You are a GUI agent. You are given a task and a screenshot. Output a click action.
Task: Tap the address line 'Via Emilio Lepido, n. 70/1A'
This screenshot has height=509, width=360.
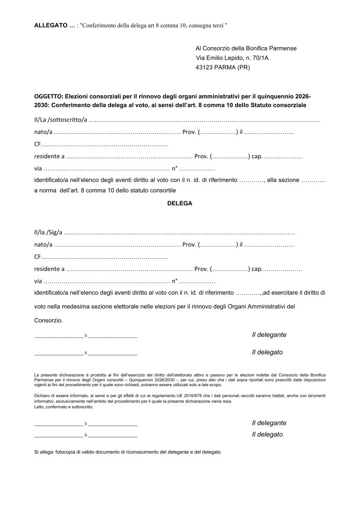[x=235, y=58]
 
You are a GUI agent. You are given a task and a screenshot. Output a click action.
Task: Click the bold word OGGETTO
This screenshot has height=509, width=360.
[x=48, y=97]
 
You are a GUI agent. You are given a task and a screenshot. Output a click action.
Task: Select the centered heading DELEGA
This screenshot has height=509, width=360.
[x=180, y=204]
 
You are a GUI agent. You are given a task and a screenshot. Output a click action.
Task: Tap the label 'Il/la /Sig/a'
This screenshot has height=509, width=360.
[x=48, y=233]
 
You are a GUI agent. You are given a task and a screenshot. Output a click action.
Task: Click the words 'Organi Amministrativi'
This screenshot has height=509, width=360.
[x=257, y=306]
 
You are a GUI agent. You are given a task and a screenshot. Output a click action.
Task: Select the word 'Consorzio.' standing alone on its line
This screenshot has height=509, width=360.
[x=49, y=320]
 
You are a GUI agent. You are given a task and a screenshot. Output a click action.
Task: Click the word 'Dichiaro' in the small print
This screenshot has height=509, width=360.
[x=43, y=395]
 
